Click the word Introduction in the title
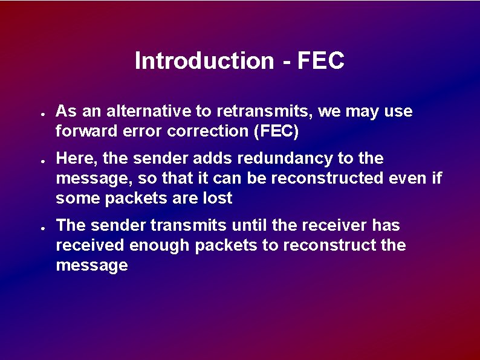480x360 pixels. point(204,60)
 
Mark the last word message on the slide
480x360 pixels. point(91,266)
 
